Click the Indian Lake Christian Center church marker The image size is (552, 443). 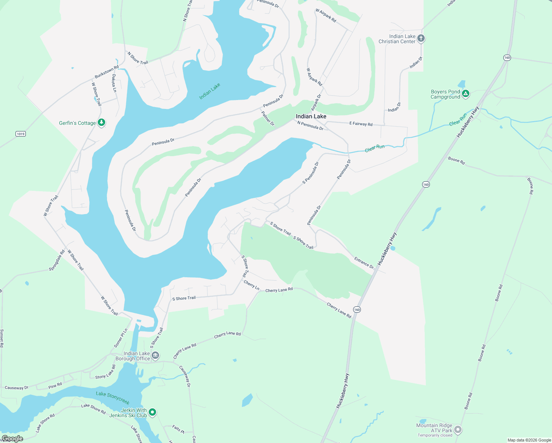[421, 38]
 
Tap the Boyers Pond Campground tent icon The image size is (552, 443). [466, 94]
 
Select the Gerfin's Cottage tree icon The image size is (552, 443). [101, 123]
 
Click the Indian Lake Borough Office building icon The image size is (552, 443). [155, 356]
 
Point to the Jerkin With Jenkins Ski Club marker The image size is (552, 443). [152, 412]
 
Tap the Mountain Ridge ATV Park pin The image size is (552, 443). [458, 430]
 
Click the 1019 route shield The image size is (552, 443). [21, 134]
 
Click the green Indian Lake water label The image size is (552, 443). [210, 91]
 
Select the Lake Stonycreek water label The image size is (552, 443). [113, 398]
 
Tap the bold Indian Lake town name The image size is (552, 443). [311, 116]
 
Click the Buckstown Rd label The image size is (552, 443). [107, 72]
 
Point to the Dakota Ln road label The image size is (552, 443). [114, 83]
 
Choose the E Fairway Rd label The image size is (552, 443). [361, 124]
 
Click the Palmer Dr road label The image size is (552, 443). [268, 119]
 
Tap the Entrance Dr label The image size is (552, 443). [364, 262]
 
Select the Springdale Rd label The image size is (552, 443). [57, 261]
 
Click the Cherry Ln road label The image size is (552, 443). [252, 285]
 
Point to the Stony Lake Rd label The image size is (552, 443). [106, 372]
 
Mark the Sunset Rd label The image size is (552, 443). [2, 338]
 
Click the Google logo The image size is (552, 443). [13, 439]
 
